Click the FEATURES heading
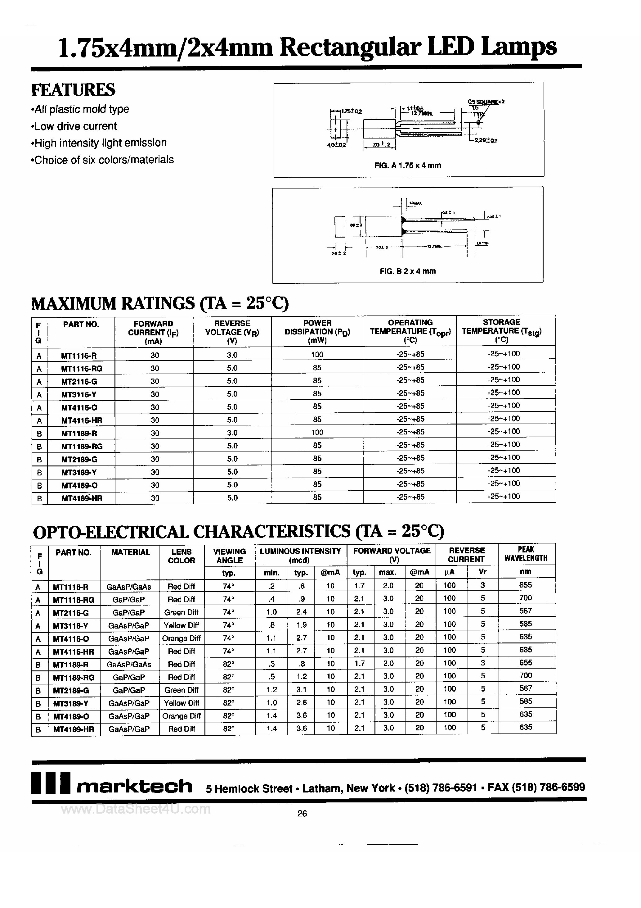[73, 90]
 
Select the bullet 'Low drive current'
[75, 126]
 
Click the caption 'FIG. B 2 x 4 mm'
[407, 271]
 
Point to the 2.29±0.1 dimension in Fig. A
[486, 140]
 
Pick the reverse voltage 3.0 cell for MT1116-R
[232, 355]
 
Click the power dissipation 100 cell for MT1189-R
[317, 432]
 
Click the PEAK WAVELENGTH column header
[526, 554]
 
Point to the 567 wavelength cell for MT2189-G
[526, 688]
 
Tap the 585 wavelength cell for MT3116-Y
[526, 624]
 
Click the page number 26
[302, 814]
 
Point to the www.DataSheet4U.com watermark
[136, 809]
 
